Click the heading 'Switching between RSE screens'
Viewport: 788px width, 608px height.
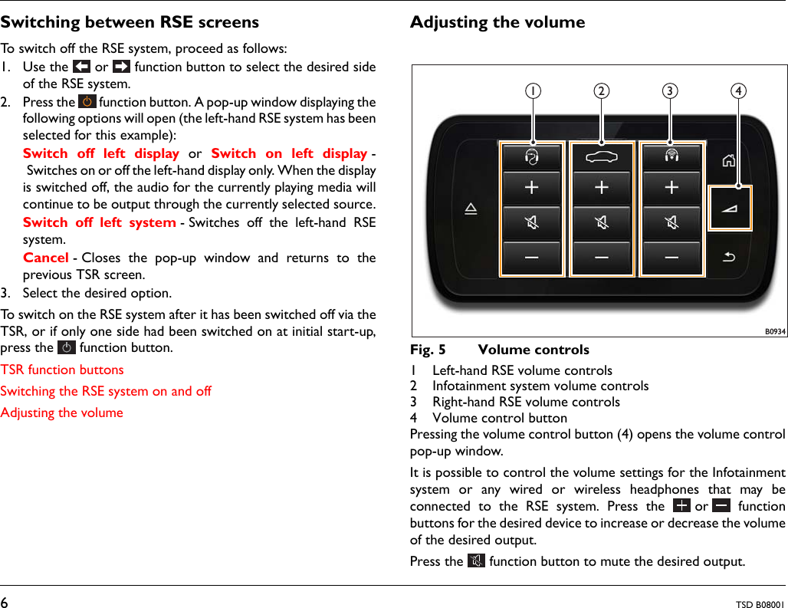click(x=130, y=22)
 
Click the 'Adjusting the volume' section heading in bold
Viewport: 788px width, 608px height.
click(x=497, y=22)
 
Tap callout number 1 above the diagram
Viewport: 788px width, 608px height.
click(x=531, y=90)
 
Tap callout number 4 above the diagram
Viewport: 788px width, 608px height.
click(x=738, y=90)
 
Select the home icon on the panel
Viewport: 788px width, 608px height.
click(x=729, y=160)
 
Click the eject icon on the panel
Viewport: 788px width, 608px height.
click(x=471, y=209)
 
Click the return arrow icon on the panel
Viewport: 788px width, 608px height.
click(x=729, y=256)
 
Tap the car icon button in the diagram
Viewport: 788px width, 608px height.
click(x=602, y=156)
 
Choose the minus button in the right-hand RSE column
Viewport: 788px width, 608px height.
click(x=671, y=258)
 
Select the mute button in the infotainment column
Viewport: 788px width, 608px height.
click(x=602, y=223)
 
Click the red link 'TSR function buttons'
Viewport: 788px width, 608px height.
click(x=62, y=370)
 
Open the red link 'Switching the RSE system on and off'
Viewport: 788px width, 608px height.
click(x=106, y=391)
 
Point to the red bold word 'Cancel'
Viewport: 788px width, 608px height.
click(x=46, y=258)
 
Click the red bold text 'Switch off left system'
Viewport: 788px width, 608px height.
click(x=100, y=222)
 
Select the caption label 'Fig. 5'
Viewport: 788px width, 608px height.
click(x=428, y=350)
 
